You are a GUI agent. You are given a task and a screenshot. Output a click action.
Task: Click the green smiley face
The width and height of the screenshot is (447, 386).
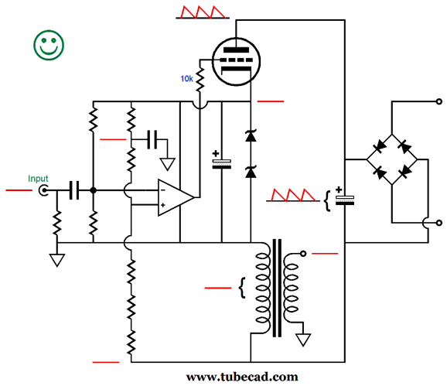coord(48,46)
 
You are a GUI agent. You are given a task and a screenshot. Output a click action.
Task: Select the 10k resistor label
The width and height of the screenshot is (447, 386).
coord(186,79)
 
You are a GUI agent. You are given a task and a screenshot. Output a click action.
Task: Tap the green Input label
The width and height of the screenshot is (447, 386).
coord(38,179)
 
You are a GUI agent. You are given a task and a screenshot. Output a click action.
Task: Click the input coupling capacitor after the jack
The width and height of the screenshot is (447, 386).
coord(74,190)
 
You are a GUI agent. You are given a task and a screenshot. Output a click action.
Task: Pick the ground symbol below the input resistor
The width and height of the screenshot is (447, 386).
coord(57,260)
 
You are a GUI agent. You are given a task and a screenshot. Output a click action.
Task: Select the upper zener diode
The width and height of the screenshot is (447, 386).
coord(250,136)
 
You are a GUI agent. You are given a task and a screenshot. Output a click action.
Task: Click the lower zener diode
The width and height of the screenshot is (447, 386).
coord(250,172)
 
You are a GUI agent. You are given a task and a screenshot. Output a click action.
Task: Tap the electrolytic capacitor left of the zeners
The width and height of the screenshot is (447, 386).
coord(222,162)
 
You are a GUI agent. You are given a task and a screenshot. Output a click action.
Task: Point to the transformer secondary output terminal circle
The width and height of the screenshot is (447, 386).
coord(303,253)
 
